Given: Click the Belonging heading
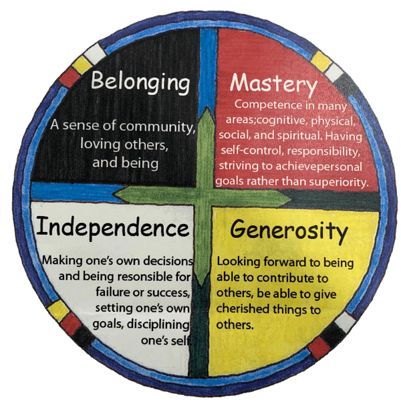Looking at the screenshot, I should [x=140, y=84].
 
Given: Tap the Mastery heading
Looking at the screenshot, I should [x=273, y=85].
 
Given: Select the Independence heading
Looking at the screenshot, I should [x=112, y=227].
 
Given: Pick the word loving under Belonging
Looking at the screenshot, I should [x=99, y=143].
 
